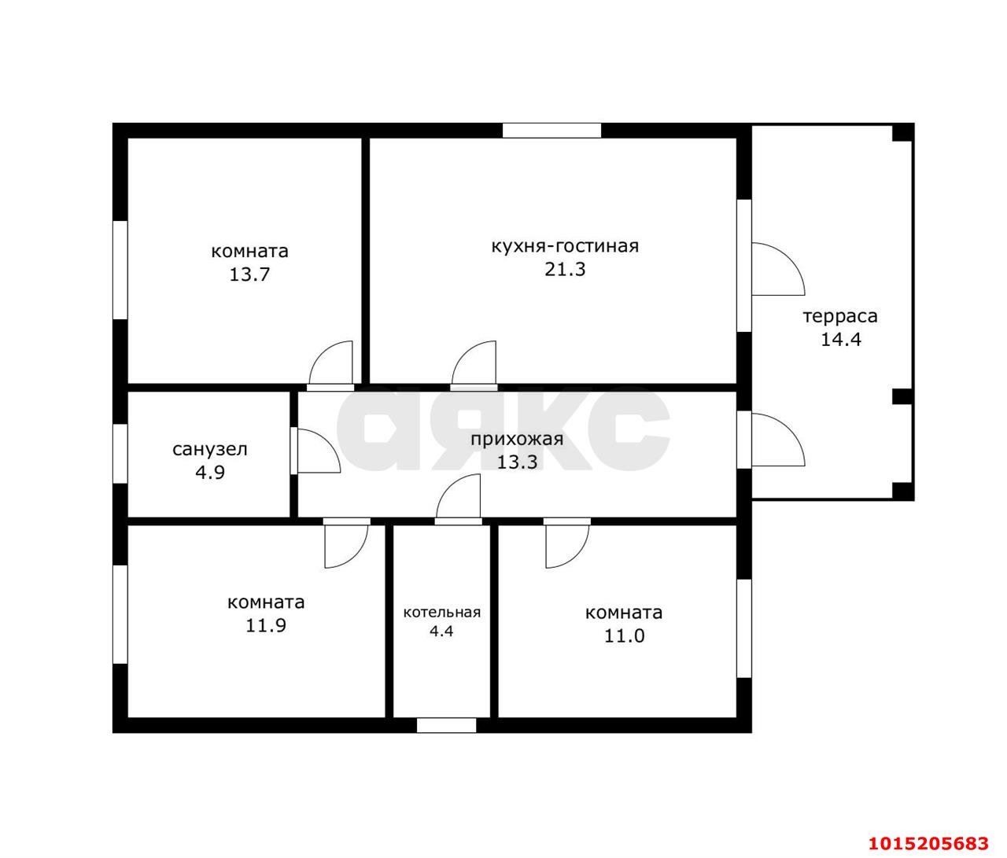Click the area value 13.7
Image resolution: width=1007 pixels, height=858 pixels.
(x=249, y=275)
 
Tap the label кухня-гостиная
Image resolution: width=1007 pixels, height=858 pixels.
(x=565, y=246)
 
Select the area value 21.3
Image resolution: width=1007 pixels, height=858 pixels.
(x=565, y=269)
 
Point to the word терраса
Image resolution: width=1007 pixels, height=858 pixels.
(x=840, y=316)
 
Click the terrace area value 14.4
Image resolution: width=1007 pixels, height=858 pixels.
(x=841, y=340)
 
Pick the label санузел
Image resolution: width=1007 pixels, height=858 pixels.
(x=210, y=450)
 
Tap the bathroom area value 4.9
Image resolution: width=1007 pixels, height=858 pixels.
(x=210, y=473)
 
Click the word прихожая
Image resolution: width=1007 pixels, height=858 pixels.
(x=517, y=440)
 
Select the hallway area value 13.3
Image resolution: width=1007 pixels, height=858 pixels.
(x=517, y=462)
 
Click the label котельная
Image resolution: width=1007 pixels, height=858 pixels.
(x=441, y=613)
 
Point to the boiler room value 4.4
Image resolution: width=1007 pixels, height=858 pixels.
(x=441, y=631)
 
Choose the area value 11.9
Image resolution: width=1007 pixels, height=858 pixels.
(x=265, y=626)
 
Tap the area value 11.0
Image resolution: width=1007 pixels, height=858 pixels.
(x=624, y=636)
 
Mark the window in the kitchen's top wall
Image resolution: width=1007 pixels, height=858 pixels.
(x=551, y=131)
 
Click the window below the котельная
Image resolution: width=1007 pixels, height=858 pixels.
(x=446, y=726)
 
